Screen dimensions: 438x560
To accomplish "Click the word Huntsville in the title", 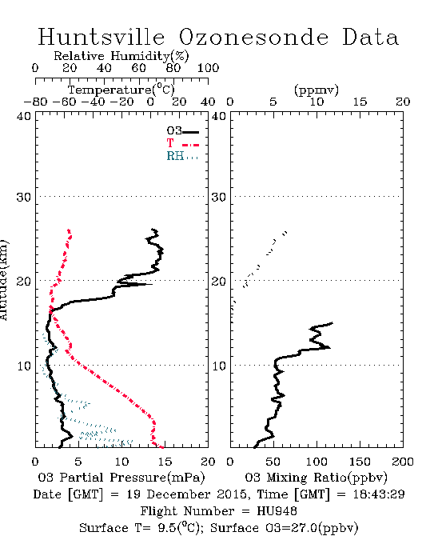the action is coord(102,37).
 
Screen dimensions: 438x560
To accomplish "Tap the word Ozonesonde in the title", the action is coord(253,37).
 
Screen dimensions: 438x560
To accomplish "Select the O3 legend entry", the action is coord(182,131).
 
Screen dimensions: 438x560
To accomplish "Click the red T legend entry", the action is coord(182,144).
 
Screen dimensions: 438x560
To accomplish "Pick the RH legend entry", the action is coord(182,157).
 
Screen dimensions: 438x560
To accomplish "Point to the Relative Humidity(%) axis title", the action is coord(121,56).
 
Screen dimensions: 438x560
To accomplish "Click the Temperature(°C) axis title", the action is coord(121,90).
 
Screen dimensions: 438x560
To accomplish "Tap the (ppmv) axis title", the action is coord(317,90).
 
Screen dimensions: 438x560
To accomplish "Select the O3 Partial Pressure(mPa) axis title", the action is coord(121,478).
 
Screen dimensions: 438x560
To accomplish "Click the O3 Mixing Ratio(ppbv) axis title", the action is coord(316,478).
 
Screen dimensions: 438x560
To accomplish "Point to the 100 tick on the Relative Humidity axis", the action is coord(209,68).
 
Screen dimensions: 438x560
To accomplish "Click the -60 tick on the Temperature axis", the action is coord(64,102).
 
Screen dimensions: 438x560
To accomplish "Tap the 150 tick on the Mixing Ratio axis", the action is coord(360,462).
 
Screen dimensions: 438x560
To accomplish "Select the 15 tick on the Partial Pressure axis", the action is coord(165,462).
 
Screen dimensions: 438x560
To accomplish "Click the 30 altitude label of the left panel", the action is coord(23,197).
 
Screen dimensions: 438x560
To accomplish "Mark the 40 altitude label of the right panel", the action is coord(219,117).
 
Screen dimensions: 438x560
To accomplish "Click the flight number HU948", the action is coord(277,511).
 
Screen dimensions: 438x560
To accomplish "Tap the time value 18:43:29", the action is coord(379,494).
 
